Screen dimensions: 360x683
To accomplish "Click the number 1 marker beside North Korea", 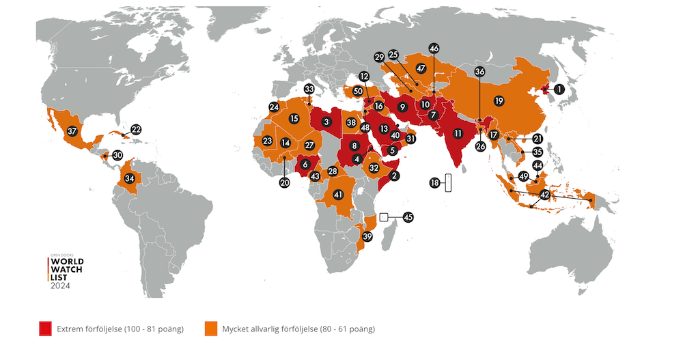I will pos(559,88).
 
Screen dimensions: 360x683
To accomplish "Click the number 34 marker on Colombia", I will pos(129,178).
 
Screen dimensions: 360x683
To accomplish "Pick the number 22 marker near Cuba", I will pos(136,129).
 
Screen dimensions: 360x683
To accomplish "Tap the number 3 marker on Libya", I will pos(326,122).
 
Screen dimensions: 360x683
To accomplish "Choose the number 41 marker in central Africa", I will pos(337,195).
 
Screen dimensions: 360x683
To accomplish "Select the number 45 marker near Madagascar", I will pos(408,217).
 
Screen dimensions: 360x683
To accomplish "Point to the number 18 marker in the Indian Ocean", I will pos(434,182).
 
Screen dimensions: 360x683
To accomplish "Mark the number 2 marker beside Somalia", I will pos(394,176).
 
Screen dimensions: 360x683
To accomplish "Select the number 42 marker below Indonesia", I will pos(544,195).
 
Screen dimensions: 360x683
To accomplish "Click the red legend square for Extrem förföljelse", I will pos(46,329).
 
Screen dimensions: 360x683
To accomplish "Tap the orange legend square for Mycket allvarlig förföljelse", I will pos(211,329).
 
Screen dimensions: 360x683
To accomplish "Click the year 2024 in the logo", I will pos(60,286).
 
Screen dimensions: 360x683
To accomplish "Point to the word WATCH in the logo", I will pos(67,269).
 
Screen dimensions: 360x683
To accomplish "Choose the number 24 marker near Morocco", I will pos(274,107).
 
